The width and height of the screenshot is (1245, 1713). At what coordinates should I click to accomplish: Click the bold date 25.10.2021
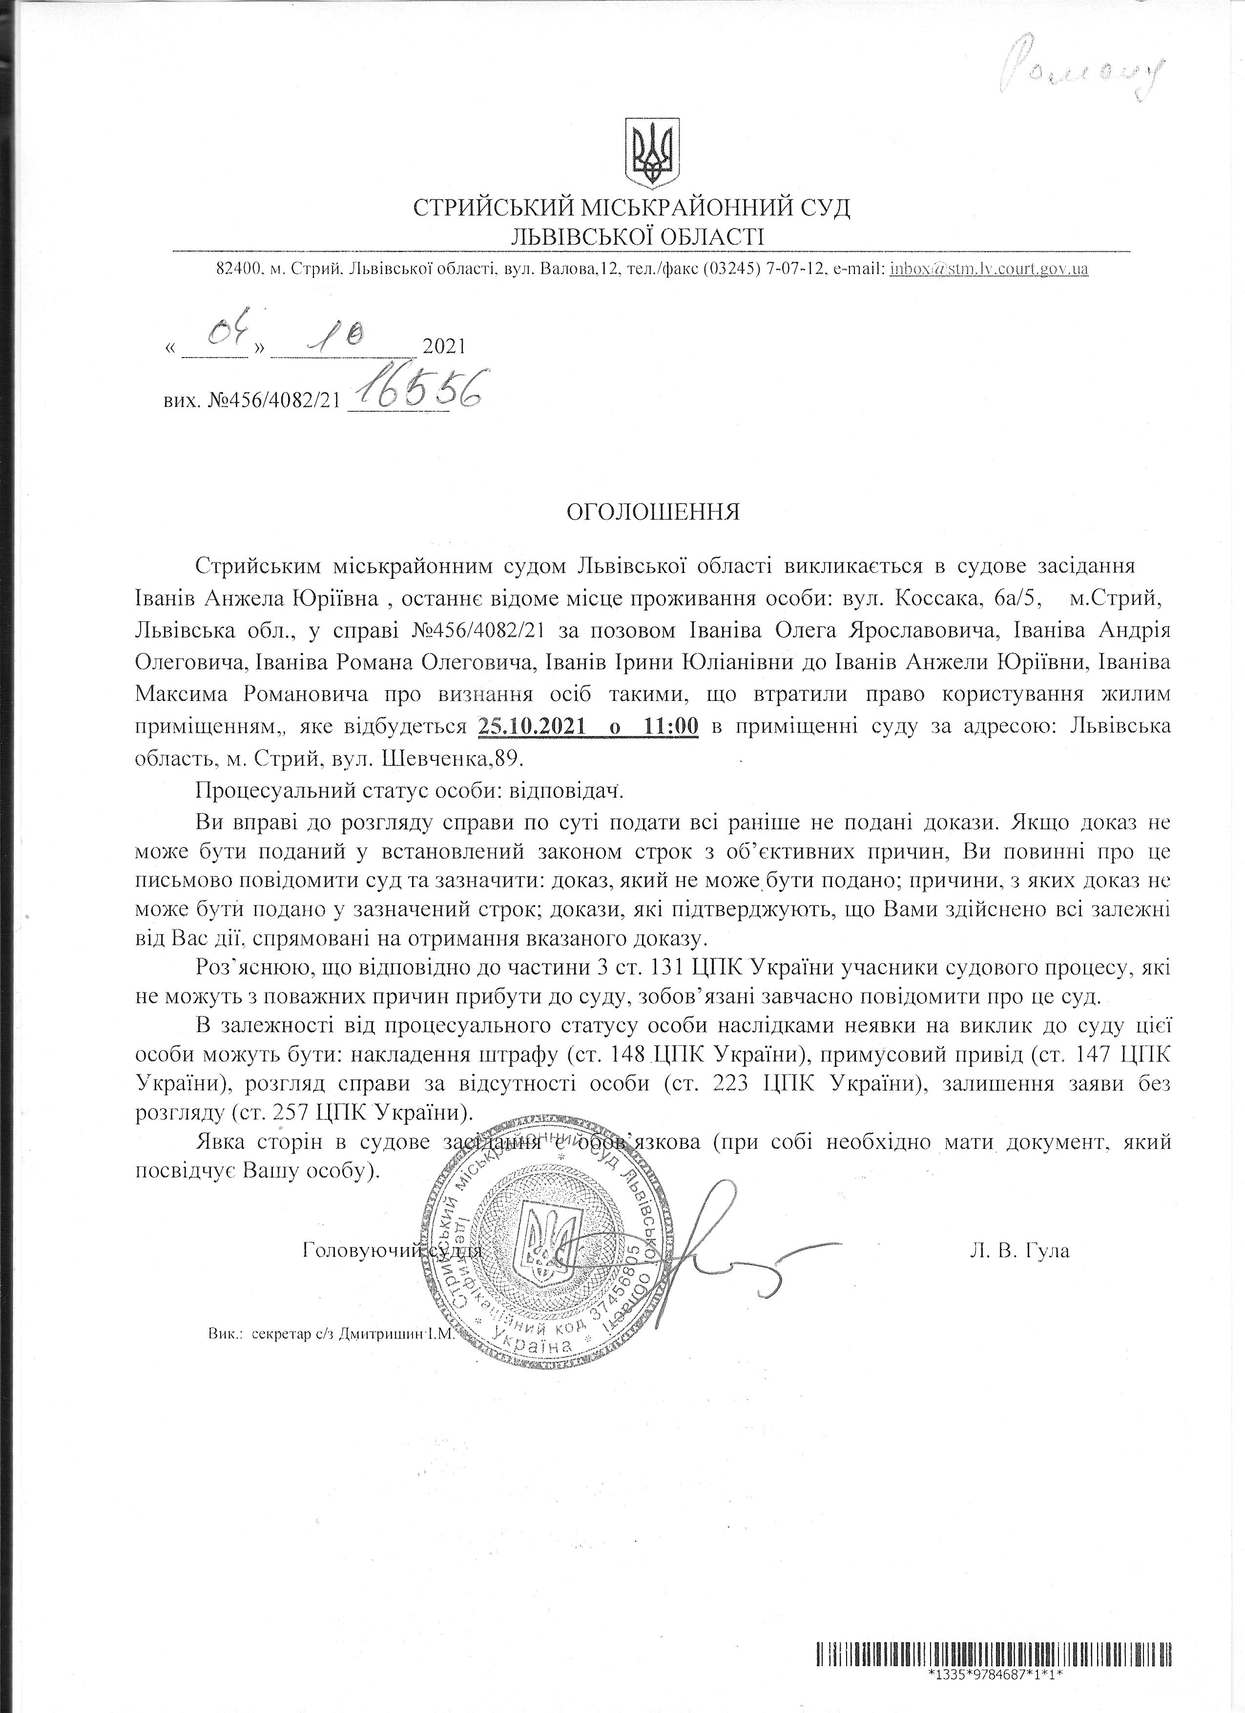532,727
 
